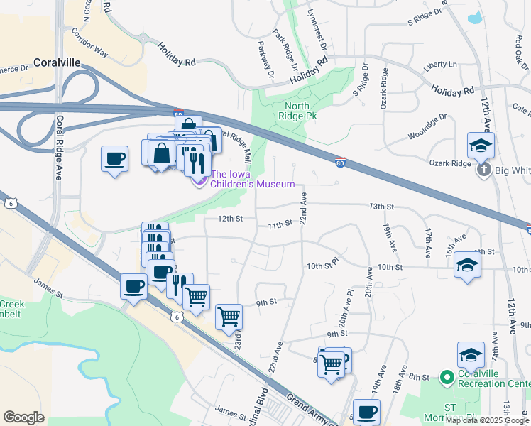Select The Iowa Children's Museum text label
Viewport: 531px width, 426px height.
pyautogui.click(x=253, y=179)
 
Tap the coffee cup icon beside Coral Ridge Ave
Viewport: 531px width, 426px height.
pyautogui.click(x=114, y=159)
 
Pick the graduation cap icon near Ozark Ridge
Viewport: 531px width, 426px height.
pyautogui.click(x=481, y=146)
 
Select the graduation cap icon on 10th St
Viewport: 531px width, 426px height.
pyautogui.click(x=467, y=266)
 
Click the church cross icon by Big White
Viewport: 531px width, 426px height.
pyautogui.click(x=483, y=170)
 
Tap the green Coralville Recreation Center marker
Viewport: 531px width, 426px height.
pyautogui.click(x=446, y=377)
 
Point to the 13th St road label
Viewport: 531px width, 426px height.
pyautogui.click(x=381, y=207)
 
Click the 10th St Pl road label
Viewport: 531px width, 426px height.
pyautogui.click(x=324, y=266)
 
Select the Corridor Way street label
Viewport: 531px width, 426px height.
pyautogui.click(x=90, y=43)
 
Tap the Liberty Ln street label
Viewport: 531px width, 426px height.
pyautogui.click(x=440, y=65)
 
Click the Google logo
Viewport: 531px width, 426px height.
pyautogui.click(x=23, y=417)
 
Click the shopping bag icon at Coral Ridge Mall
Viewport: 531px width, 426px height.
pyautogui.click(x=162, y=153)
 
